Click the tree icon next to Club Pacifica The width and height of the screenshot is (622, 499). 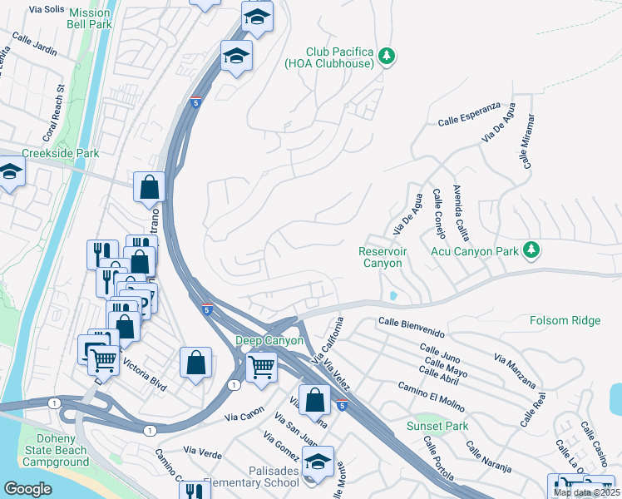386,56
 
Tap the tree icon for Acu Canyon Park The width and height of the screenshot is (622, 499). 529,249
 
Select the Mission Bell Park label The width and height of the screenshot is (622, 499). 89,19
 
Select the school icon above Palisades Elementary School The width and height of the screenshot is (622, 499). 317,462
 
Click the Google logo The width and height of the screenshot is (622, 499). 27,489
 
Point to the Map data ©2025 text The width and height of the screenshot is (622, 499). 586,492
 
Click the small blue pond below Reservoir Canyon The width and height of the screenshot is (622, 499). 392,295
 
